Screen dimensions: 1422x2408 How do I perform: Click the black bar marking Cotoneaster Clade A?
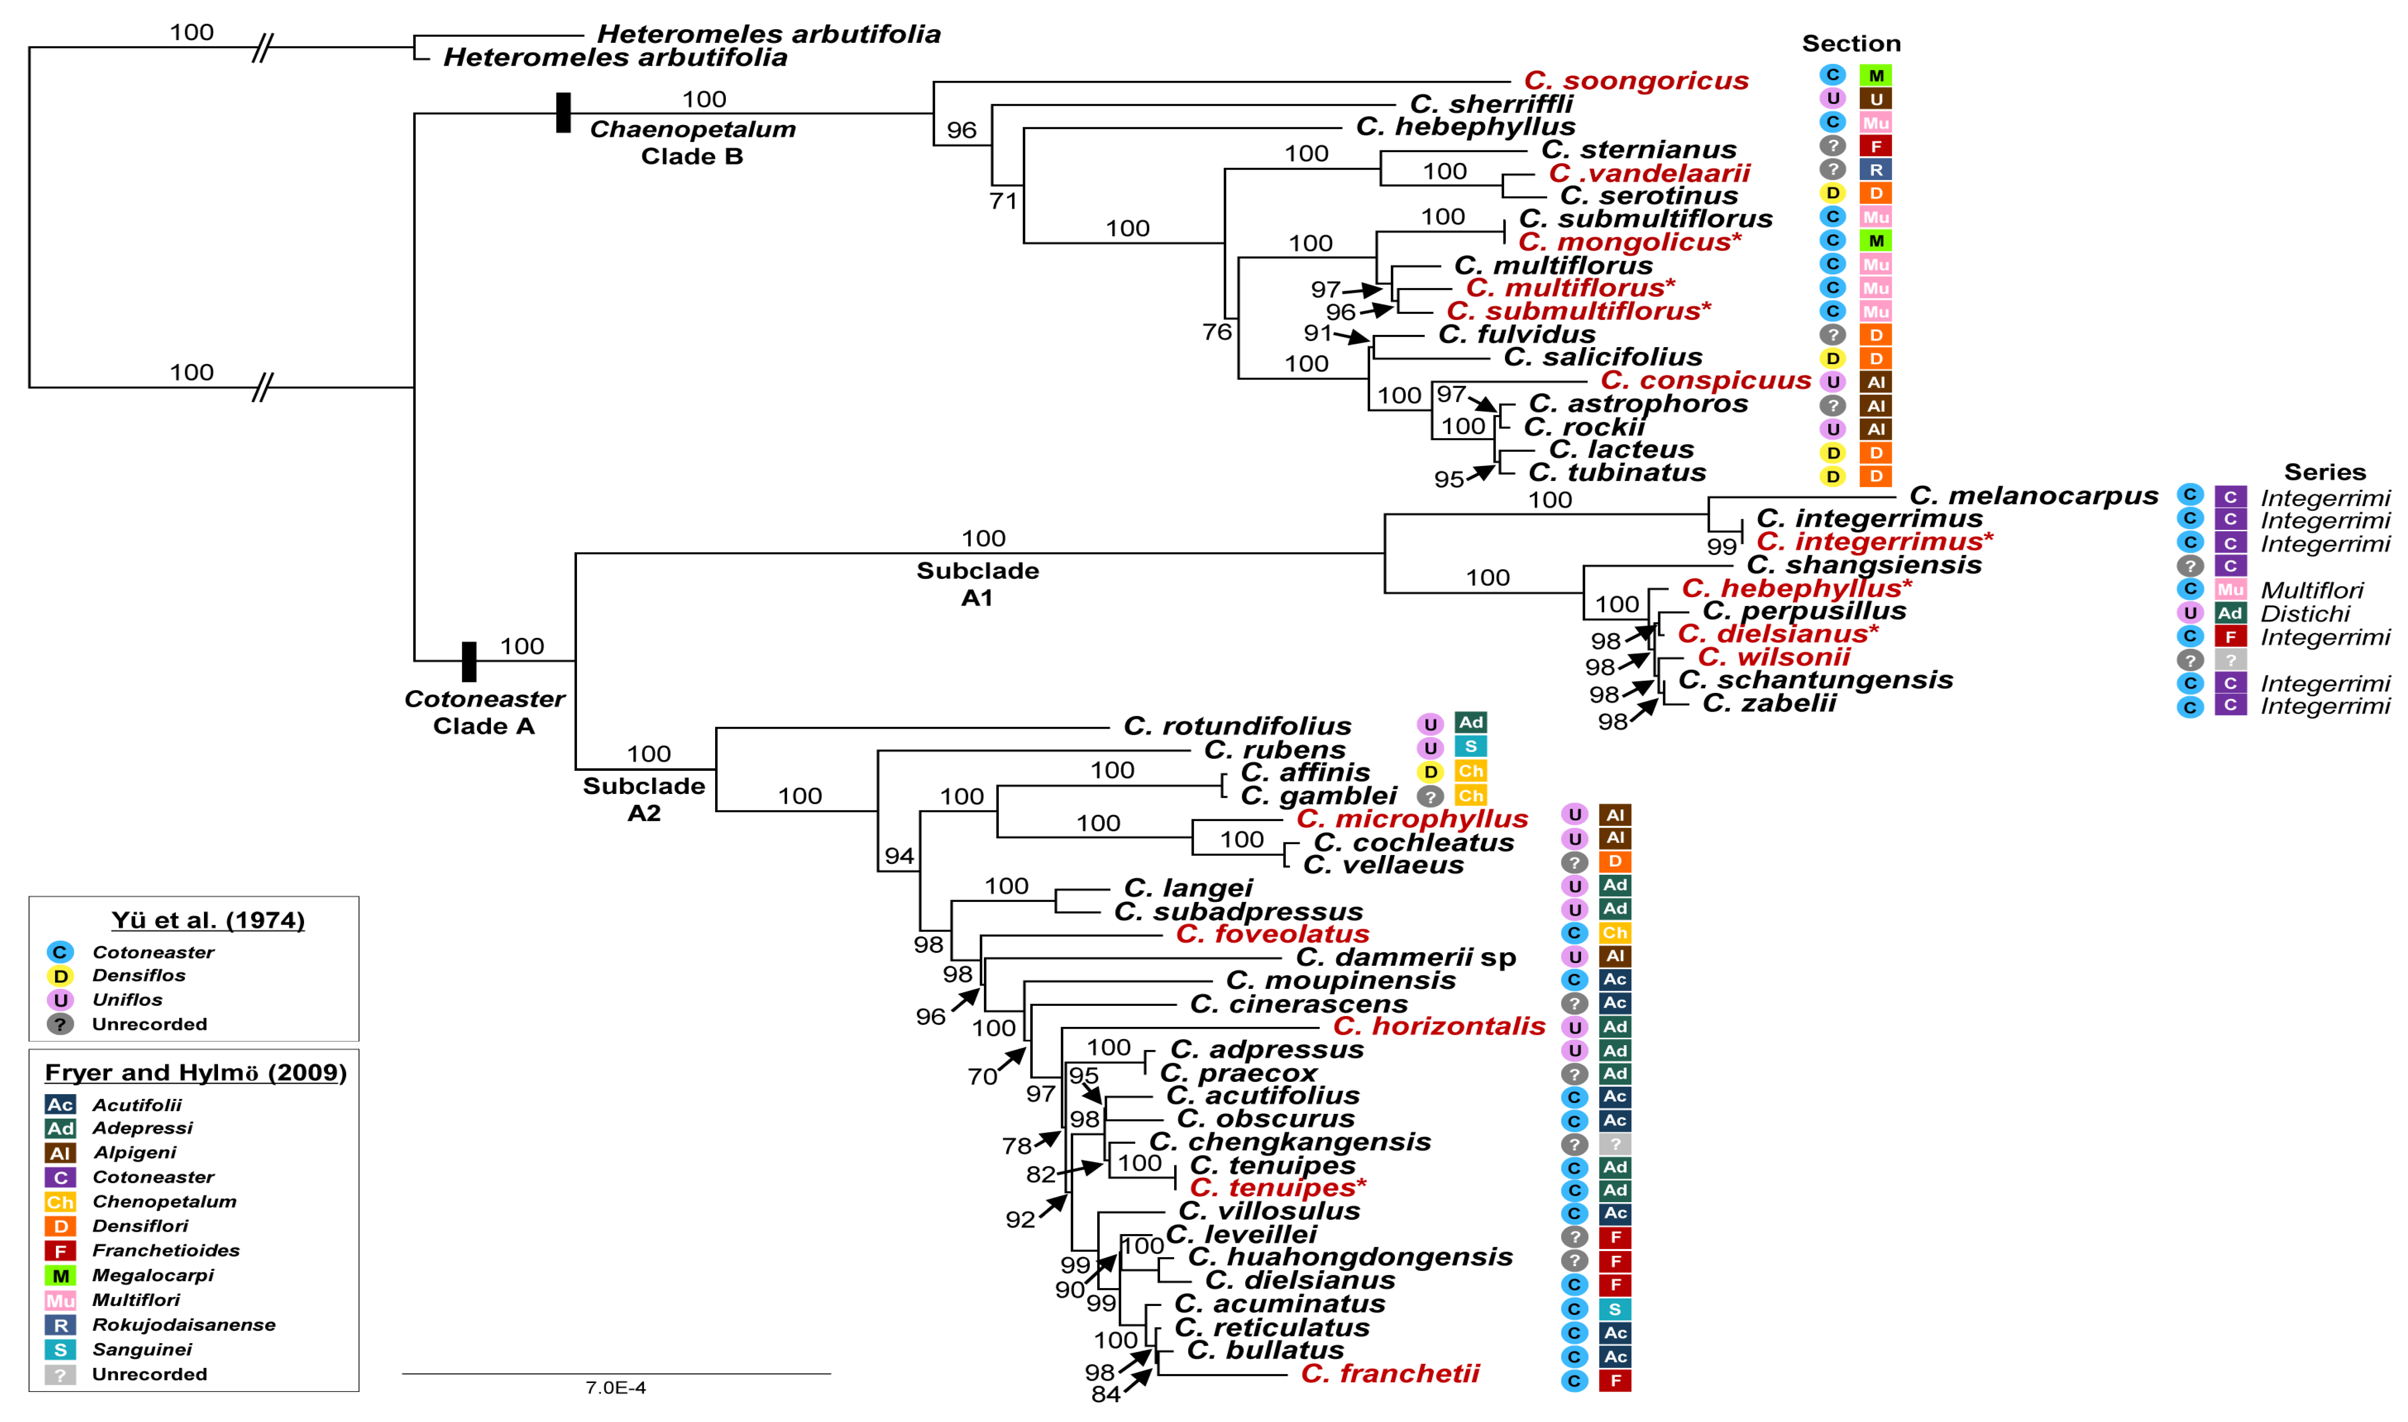[468, 661]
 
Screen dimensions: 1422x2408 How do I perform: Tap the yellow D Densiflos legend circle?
[59, 977]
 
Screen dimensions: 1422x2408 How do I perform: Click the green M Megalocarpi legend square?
[59, 1275]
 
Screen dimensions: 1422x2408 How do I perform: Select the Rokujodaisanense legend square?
[59, 1325]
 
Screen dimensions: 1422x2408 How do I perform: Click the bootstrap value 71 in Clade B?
[1002, 200]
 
